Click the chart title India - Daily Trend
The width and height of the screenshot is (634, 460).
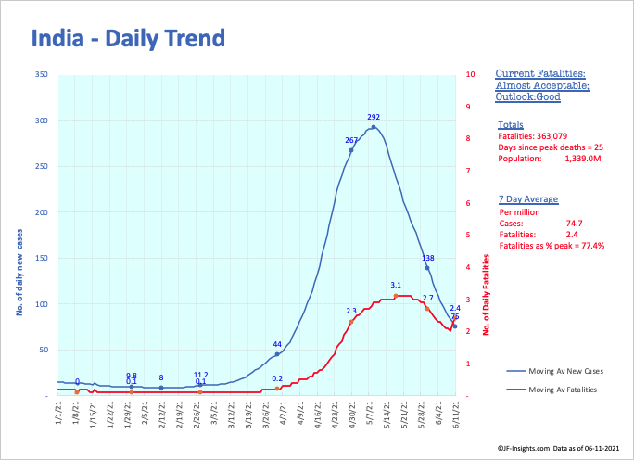[x=129, y=39]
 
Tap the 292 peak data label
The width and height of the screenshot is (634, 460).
[x=374, y=118]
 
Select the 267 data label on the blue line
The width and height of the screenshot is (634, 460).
[x=351, y=140]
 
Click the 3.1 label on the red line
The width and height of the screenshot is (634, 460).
[x=396, y=285]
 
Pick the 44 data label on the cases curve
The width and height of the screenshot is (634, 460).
[x=276, y=344]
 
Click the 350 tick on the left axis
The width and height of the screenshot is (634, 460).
[x=42, y=74]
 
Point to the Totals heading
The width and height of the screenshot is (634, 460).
[x=510, y=124]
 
